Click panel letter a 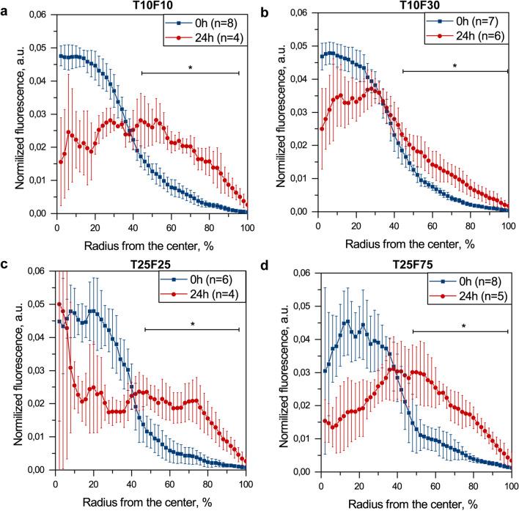[6, 7]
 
